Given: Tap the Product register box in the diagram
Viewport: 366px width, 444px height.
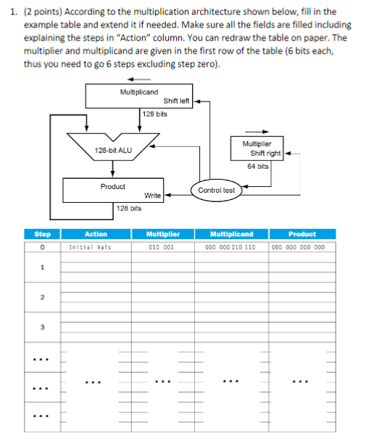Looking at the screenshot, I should click(113, 190).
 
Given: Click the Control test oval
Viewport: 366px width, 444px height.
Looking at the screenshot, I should click(217, 190).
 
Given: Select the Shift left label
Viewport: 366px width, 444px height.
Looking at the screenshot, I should click(177, 101).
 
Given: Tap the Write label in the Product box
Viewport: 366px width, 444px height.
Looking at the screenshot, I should click(152, 196).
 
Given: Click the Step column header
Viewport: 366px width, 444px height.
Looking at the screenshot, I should click(43, 234).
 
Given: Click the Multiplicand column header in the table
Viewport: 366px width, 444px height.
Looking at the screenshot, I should click(232, 234).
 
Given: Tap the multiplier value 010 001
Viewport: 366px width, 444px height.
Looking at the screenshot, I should click(160, 247).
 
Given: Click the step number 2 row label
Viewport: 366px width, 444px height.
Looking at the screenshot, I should click(43, 298).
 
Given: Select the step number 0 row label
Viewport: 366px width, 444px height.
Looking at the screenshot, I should click(43, 247).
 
